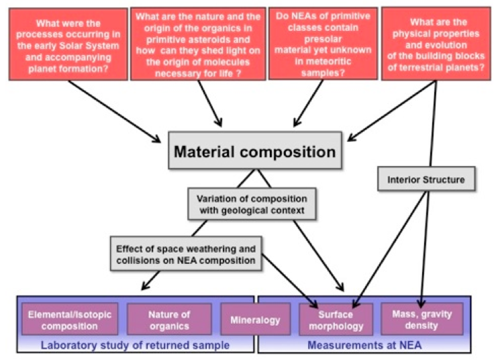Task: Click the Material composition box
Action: (x=254, y=151)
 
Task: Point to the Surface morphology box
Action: (x=336, y=319)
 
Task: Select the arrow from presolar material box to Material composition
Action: (x=305, y=101)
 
